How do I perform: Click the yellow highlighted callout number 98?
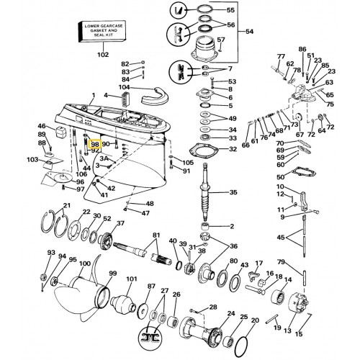point(94,145)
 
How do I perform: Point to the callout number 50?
point(280,177)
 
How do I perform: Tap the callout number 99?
point(112,273)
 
